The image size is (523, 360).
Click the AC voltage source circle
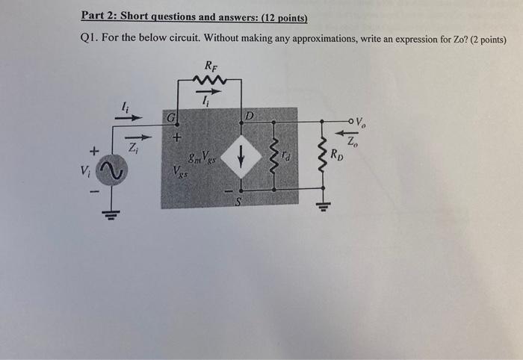coord(113,174)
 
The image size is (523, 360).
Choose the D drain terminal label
coord(250,117)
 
